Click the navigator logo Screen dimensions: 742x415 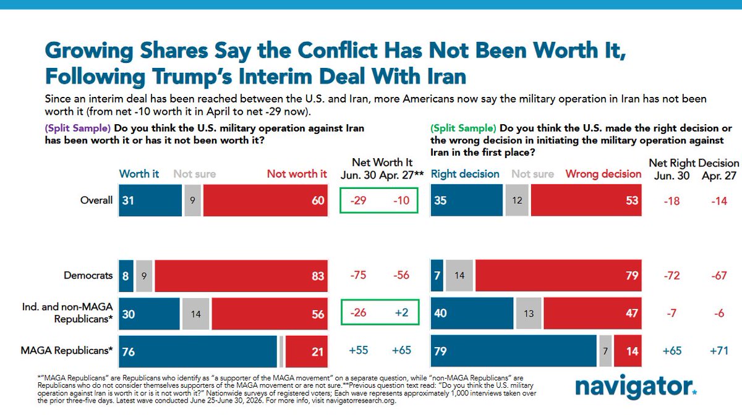click(636, 387)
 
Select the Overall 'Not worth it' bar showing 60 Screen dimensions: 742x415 click(265, 200)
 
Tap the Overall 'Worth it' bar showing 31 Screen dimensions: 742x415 click(150, 200)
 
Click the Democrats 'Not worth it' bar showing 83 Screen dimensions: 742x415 click(241, 275)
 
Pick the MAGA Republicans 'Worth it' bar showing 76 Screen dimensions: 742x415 click(198, 351)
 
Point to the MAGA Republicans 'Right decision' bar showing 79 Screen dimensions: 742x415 click(513, 351)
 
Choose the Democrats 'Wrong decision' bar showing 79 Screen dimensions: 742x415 click(558, 275)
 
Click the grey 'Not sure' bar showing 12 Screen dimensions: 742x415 click(517, 200)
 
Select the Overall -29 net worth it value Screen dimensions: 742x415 click(359, 200)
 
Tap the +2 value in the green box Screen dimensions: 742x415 click(401, 312)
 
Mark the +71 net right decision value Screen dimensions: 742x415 click(719, 351)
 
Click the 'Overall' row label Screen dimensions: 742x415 click(96, 200)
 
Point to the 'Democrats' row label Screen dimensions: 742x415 click(88, 275)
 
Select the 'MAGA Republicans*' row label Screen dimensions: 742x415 click(67, 351)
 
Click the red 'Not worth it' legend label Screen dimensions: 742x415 click(297, 174)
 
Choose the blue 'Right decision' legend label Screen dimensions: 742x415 click(465, 174)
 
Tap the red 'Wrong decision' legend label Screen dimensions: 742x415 click(603, 174)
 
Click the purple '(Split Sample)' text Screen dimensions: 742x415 click(78, 128)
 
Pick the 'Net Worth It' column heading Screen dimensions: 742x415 click(382, 162)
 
